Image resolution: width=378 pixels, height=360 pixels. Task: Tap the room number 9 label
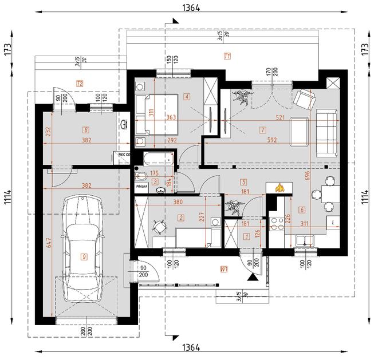coord(84,257)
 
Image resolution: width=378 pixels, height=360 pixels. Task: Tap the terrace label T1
coord(227,56)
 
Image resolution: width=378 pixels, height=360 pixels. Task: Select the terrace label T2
coord(80,84)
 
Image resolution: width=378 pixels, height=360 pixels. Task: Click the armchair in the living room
coord(304,100)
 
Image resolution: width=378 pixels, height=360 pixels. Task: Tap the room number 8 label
coord(86,129)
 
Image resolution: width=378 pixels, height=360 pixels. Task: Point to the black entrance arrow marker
coord(251,276)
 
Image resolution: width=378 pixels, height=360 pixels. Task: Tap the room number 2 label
coord(181,217)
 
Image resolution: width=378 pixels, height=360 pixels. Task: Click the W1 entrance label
coord(225,268)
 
